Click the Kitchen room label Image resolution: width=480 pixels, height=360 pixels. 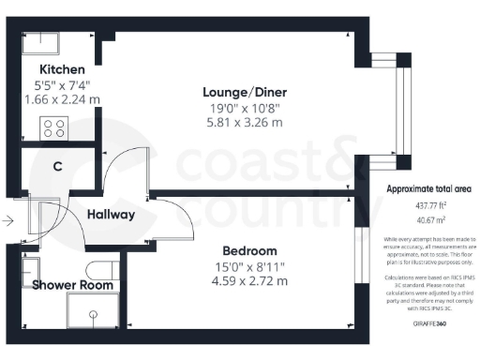pyautogui.click(x=62, y=69)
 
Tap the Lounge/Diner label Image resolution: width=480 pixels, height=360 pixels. pyautogui.click(x=245, y=92)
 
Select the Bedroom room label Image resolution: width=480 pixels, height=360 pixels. pyautogui.click(x=249, y=251)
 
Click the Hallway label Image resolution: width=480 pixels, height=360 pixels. pyautogui.click(x=112, y=215)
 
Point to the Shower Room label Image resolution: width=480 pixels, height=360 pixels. pyautogui.click(x=74, y=285)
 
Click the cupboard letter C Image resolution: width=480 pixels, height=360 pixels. pyautogui.click(x=57, y=167)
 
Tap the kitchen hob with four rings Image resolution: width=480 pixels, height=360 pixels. pyautogui.click(x=52, y=127)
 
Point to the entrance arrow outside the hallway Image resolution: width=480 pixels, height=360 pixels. pyautogui.click(x=8, y=221)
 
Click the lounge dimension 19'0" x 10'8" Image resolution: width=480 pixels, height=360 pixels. pyautogui.click(x=245, y=108)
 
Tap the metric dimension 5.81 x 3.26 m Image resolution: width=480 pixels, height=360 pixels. pyautogui.click(x=245, y=122)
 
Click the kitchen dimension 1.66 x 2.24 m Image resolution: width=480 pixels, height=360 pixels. pyautogui.click(x=62, y=98)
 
